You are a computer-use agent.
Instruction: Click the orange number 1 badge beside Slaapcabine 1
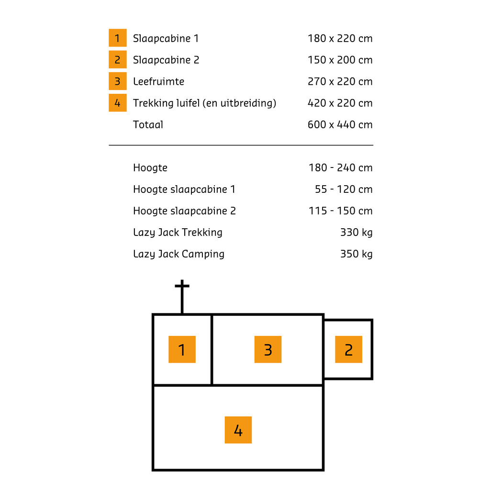tap(118, 38)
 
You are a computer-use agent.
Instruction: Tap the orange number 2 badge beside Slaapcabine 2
tap(118, 59)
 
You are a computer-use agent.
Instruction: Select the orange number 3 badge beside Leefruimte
tap(118, 81)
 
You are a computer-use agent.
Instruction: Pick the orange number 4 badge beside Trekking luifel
tap(118, 102)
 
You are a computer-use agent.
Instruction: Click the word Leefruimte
tap(158, 81)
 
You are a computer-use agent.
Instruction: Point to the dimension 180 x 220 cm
tap(340, 38)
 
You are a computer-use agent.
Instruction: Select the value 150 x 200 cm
tap(340, 60)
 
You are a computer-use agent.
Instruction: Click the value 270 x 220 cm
tap(340, 81)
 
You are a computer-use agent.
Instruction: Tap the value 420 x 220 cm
tap(340, 103)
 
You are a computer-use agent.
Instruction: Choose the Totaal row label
tap(148, 125)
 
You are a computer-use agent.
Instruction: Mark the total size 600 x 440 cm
tap(340, 125)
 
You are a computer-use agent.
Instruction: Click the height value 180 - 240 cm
tap(341, 168)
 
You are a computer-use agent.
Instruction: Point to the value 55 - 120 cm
tap(344, 189)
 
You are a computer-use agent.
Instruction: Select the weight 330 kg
tap(356, 233)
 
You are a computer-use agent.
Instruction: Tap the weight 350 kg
tap(356, 255)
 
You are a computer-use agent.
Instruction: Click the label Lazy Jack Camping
tap(179, 255)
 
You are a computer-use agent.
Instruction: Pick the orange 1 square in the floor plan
tap(182, 349)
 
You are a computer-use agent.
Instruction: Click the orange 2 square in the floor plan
tap(348, 349)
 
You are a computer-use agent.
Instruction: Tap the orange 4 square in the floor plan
tap(238, 430)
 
